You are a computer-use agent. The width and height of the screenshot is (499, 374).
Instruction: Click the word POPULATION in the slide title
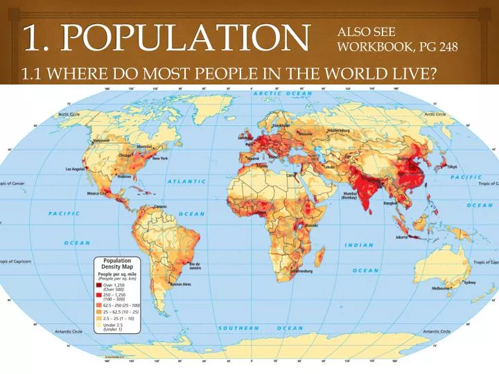coord(184,36)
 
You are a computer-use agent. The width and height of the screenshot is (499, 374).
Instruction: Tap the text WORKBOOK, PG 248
coord(397,46)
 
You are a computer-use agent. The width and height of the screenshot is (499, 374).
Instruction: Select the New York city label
coord(160,159)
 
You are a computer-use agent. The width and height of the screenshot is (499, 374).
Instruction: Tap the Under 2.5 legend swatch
coord(98,326)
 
